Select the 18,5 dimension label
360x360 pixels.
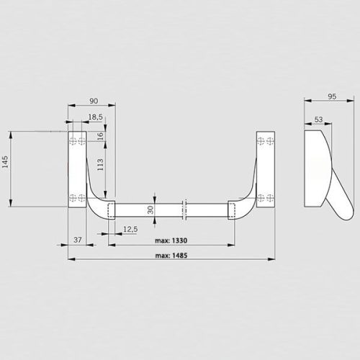[x=94, y=117]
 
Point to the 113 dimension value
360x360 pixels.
[x=100, y=166]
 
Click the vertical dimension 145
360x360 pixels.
[x=6, y=162]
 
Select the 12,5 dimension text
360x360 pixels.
[x=130, y=229]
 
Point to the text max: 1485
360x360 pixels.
[x=171, y=255]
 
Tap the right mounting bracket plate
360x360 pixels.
[x=266, y=168]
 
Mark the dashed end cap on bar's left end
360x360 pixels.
[x=110, y=210]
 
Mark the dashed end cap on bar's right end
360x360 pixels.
[x=233, y=210]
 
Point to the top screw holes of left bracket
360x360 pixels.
[x=76, y=141]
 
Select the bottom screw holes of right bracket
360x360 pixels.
[x=266, y=197]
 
